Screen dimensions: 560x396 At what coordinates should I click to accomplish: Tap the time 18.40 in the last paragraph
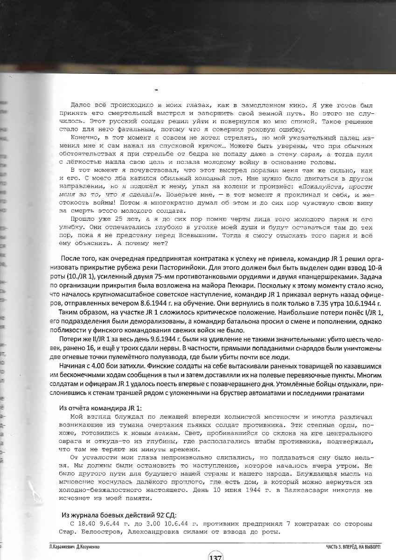[x=83, y=524]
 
